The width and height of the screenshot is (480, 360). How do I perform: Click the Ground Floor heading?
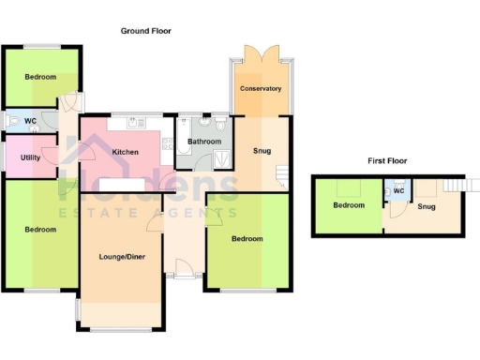coord(146,31)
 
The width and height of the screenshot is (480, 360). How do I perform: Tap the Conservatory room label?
coord(261,89)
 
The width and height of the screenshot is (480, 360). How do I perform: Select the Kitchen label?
coord(126,152)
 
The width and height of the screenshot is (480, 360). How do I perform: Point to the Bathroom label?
coord(204,142)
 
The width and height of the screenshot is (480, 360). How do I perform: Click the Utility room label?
coord(30,157)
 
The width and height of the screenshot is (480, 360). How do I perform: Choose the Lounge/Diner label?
coord(121,256)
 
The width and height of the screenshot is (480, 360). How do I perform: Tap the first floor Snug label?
coord(427,206)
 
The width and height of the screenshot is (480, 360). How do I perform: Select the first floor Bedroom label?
coord(349,205)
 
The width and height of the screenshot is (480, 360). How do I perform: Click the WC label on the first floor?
coord(397,191)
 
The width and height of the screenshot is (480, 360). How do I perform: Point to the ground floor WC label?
coord(30,121)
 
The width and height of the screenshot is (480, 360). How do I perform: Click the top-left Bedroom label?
coord(40,77)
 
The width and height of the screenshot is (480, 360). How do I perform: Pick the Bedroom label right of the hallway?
coord(247,239)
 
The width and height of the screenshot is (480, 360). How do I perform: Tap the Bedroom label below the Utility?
coord(40,230)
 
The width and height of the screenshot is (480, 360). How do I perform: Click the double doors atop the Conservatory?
coord(260,54)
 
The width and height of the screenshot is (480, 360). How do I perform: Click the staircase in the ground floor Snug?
coord(281,174)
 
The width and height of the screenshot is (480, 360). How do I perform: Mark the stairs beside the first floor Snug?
coord(455,185)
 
